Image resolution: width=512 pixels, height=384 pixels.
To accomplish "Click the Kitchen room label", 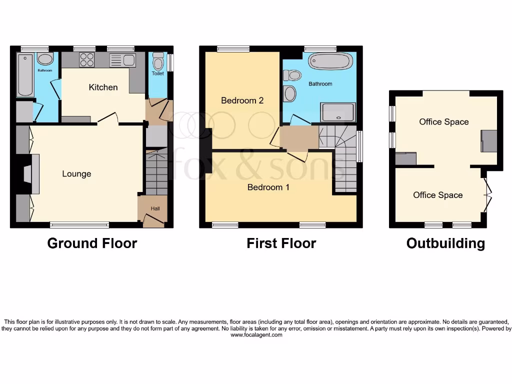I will click(x=103, y=87).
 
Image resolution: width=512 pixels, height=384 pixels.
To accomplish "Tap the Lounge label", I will click(x=76, y=173).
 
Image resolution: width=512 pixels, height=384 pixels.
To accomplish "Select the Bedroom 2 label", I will click(x=242, y=100).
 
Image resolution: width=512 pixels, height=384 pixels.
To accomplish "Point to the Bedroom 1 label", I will click(x=268, y=187).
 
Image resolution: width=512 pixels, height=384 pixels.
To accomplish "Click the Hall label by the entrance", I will click(x=155, y=208).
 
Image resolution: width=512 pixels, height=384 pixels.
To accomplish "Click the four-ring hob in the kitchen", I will click(x=86, y=60).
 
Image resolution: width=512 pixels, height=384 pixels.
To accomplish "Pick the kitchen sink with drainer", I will click(x=122, y=60).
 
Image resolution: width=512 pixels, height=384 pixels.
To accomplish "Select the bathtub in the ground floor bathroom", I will click(x=25, y=75).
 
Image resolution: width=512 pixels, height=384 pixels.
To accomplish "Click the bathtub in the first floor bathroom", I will click(x=330, y=61).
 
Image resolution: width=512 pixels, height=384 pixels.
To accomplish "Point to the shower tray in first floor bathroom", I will click(x=338, y=112).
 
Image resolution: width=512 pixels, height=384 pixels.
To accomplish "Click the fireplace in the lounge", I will click(x=32, y=173).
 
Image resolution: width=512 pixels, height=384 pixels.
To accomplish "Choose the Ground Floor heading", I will click(x=92, y=243).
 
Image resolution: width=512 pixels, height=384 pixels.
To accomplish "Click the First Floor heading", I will click(x=281, y=243).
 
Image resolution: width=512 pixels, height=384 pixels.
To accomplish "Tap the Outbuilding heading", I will click(x=445, y=243).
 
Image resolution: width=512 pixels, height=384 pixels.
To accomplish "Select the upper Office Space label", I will click(x=443, y=121).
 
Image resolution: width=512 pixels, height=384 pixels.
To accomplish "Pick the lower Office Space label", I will click(x=437, y=195).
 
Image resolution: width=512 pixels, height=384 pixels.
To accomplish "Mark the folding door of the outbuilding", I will click(x=487, y=195).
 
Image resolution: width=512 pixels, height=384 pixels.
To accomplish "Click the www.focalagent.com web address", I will click(x=256, y=335).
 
